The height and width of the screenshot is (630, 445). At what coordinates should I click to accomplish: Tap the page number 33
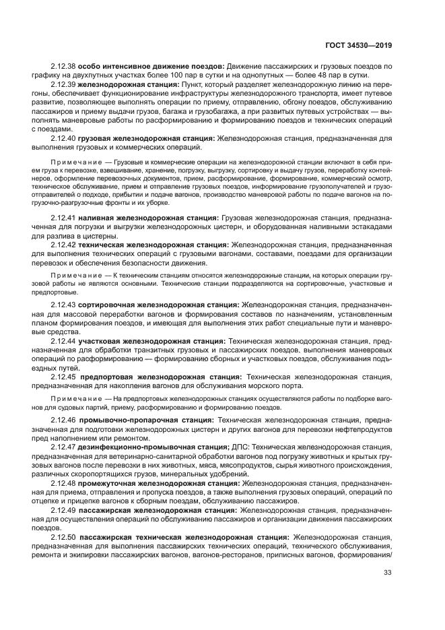pos(387,573)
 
